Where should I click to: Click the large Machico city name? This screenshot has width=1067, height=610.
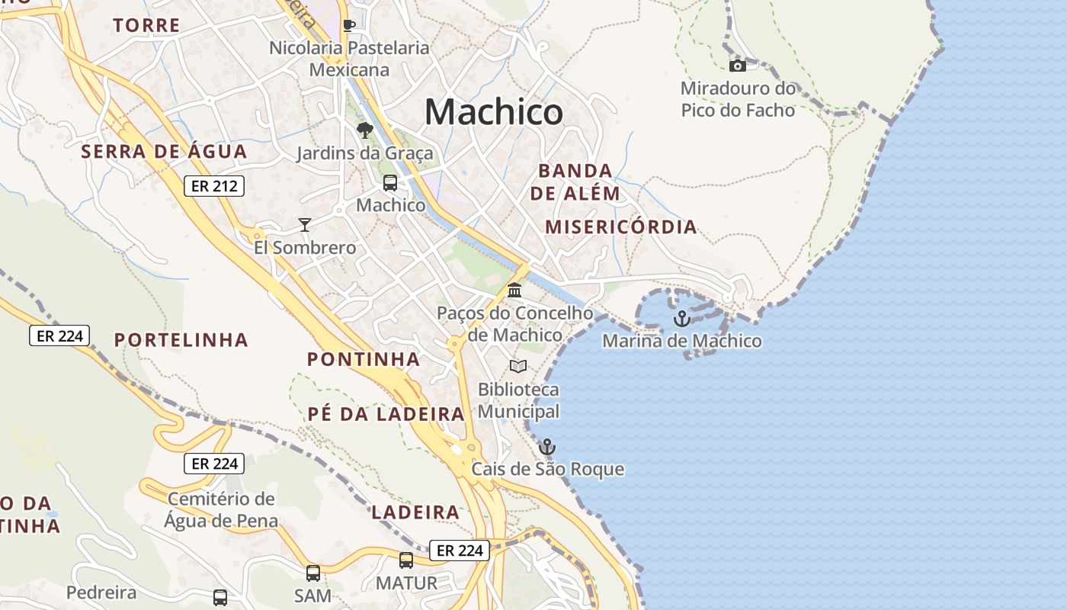click(494, 112)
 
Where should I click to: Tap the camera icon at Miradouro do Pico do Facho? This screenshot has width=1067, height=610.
click(737, 66)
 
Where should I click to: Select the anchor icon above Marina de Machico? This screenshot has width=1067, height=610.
click(681, 319)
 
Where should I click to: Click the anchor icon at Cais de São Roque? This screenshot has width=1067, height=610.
click(546, 447)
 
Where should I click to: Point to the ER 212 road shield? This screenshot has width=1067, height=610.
click(213, 185)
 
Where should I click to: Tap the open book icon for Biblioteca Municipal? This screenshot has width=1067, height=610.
click(518, 367)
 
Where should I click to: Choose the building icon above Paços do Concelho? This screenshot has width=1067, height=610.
click(514, 291)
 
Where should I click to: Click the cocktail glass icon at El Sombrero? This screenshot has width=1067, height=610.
click(305, 224)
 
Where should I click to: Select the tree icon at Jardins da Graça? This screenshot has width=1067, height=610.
click(364, 130)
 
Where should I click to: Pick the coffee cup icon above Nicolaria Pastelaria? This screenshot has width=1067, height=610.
click(349, 25)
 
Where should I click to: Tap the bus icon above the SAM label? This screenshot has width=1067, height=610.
click(312, 573)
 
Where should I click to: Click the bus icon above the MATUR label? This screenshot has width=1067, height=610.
click(406, 560)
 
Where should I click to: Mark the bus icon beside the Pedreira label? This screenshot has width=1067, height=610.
click(219, 597)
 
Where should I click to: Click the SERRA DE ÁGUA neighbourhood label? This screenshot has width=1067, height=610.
click(164, 151)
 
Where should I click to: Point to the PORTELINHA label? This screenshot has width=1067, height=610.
click(181, 340)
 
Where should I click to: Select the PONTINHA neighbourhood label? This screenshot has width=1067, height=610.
click(363, 359)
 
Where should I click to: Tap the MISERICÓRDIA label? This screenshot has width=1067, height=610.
click(621, 226)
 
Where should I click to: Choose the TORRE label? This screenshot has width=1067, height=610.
click(146, 25)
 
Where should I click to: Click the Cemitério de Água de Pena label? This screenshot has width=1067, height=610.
click(221, 510)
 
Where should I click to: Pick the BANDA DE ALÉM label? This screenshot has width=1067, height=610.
click(575, 181)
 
